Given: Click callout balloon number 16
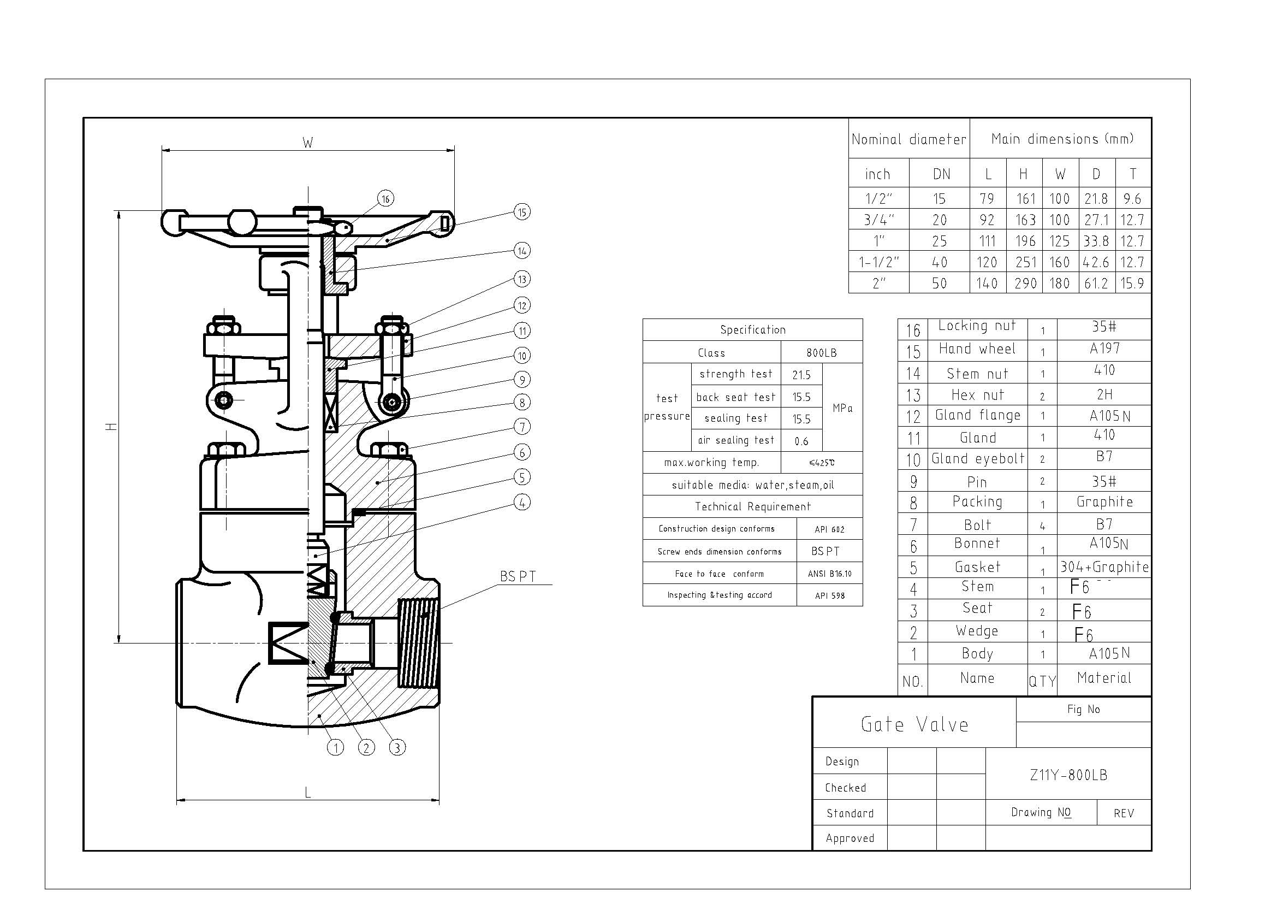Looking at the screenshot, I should click(x=385, y=199).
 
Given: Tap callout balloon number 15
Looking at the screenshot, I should click(x=522, y=212).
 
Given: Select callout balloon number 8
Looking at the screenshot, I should click(x=522, y=402).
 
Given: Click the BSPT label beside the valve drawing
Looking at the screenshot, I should click(x=518, y=577).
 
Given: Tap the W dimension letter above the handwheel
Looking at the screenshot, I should click(x=307, y=143).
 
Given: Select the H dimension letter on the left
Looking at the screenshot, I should click(x=112, y=427).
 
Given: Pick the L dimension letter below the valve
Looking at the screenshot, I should click(x=307, y=793).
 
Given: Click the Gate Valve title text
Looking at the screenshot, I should click(x=914, y=724).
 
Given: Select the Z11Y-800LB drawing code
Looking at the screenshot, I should click(x=1068, y=775).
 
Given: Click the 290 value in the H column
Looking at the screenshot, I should click(x=1025, y=284).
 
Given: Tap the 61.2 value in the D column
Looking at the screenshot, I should click(x=1096, y=284).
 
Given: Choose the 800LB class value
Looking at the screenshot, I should click(x=822, y=353).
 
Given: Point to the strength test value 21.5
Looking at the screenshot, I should click(x=801, y=375).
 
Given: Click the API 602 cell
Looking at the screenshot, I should click(x=829, y=529).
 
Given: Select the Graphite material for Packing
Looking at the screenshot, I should click(x=1104, y=502).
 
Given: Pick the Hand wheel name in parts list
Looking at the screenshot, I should click(x=977, y=349).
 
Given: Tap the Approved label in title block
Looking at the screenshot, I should click(x=850, y=838).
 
